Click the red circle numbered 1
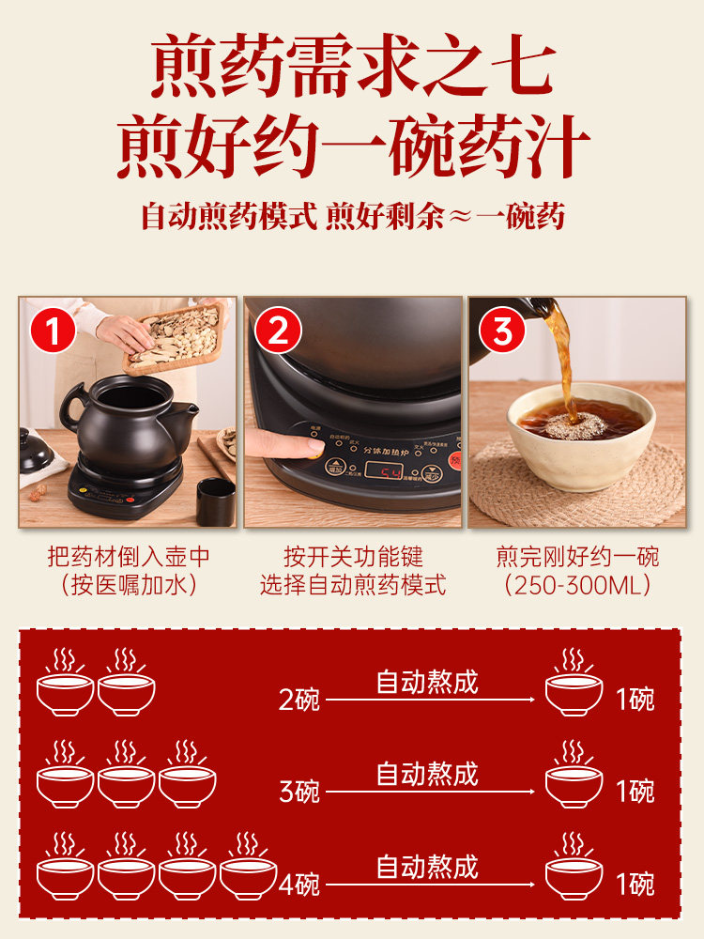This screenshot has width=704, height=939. [x=53, y=332]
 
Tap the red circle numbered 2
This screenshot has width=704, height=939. [x=278, y=332]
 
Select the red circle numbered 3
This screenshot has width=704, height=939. [x=503, y=332]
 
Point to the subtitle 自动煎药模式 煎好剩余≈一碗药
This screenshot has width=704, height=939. [x=352, y=216]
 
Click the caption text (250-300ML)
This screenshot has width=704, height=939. [x=577, y=586]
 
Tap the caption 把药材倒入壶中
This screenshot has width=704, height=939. [x=129, y=557]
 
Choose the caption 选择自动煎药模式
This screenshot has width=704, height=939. [x=353, y=586]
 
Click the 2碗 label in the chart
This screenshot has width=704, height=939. [x=298, y=700]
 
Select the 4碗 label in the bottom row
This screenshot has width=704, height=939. [x=298, y=885]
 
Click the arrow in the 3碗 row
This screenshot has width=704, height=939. [x=432, y=792]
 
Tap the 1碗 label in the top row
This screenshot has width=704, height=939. [x=635, y=700]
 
